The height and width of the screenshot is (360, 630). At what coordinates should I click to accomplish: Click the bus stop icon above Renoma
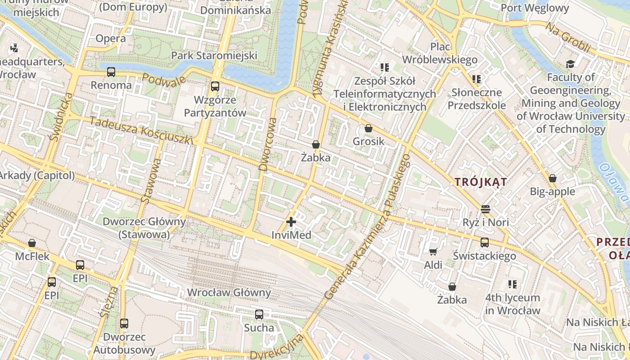(111, 72)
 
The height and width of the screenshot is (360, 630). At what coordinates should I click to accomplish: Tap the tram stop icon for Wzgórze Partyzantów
(215, 86)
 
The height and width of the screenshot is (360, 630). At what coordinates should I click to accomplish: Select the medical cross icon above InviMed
(291, 222)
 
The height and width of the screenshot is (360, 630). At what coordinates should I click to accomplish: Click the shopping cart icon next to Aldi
(433, 252)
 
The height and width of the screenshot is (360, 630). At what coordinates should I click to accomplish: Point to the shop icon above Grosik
(369, 128)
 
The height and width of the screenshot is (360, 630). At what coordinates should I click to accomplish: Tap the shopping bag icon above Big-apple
(553, 178)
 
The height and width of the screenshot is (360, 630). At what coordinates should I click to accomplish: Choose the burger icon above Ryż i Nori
(485, 209)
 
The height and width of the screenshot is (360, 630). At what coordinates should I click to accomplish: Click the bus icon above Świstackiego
(485, 243)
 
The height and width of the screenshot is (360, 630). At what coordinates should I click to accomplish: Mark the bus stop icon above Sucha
(259, 315)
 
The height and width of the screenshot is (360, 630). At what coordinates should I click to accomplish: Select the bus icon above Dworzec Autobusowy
(124, 323)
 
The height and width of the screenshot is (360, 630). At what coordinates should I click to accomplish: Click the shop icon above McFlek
(32, 243)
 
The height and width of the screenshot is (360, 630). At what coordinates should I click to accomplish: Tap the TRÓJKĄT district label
(481, 182)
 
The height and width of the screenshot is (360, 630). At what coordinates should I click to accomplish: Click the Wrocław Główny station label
(229, 292)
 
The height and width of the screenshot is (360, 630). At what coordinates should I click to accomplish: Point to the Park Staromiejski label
(214, 55)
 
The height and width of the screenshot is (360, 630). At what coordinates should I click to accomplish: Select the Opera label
(111, 39)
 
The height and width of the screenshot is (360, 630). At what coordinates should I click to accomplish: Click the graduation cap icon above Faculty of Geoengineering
(570, 64)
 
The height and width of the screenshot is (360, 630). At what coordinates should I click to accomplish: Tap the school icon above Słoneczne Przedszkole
(477, 80)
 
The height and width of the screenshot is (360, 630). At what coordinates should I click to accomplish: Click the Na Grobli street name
(568, 37)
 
